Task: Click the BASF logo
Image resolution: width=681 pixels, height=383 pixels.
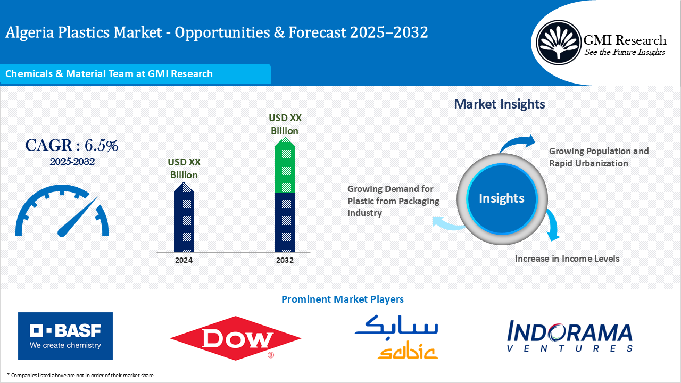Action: pyautogui.click(x=65, y=336)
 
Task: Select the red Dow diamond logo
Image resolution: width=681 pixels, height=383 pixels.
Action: pyautogui.click(x=235, y=338)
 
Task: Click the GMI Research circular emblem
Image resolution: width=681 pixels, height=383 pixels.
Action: pyautogui.click(x=558, y=41)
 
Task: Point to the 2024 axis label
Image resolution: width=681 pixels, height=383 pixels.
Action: pyautogui.click(x=184, y=260)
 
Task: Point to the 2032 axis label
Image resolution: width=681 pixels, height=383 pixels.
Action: pyautogui.click(x=285, y=260)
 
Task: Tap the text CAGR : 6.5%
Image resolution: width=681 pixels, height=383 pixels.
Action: pyautogui.click(x=71, y=145)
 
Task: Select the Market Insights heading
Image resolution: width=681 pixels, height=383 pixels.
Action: pyautogui.click(x=499, y=104)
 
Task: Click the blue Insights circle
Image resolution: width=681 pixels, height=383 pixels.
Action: pyautogui.click(x=501, y=198)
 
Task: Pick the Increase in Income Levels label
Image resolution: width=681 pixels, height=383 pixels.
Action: pyautogui.click(x=567, y=259)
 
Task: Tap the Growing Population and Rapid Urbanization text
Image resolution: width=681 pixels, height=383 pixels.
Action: pyautogui.click(x=599, y=157)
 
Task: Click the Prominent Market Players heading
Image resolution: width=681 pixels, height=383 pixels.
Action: pyautogui.click(x=342, y=299)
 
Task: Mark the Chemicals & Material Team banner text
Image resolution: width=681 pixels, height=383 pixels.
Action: pyautogui.click(x=109, y=74)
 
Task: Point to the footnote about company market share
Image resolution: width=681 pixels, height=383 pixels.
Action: pyautogui.click(x=80, y=376)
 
